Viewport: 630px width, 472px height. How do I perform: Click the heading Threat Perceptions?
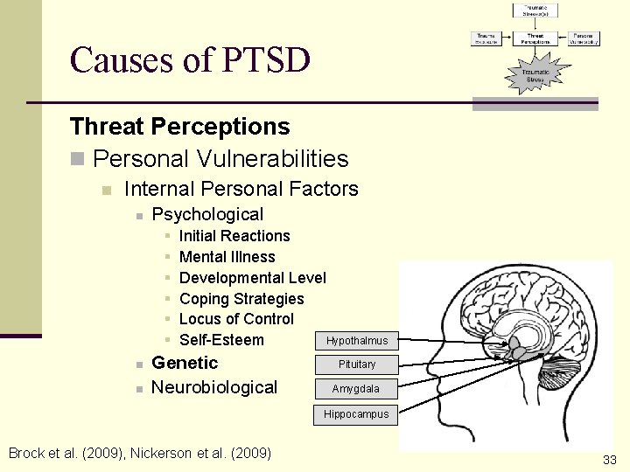(179, 127)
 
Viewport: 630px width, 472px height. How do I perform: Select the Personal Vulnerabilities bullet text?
(220, 159)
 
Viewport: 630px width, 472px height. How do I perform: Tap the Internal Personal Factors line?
(241, 189)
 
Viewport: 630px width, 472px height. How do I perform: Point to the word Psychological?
(207, 214)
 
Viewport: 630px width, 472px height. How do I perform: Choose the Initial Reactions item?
(234, 236)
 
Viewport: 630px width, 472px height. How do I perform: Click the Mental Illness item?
(227, 257)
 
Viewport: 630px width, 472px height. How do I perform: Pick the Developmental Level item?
(252, 278)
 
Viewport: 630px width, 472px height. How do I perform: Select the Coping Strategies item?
(241, 299)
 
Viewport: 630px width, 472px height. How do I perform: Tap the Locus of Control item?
(236, 319)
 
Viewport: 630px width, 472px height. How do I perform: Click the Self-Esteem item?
(221, 340)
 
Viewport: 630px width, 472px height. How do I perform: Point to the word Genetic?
(185, 363)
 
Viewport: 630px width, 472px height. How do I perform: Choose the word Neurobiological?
(214, 387)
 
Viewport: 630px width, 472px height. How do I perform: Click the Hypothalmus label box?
(356, 341)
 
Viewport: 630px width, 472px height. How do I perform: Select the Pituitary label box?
(356, 364)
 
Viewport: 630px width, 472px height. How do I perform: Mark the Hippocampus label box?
(356, 414)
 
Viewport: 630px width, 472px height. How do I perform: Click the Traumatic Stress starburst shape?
(535, 76)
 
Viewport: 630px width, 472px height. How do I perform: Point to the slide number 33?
(610, 460)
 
